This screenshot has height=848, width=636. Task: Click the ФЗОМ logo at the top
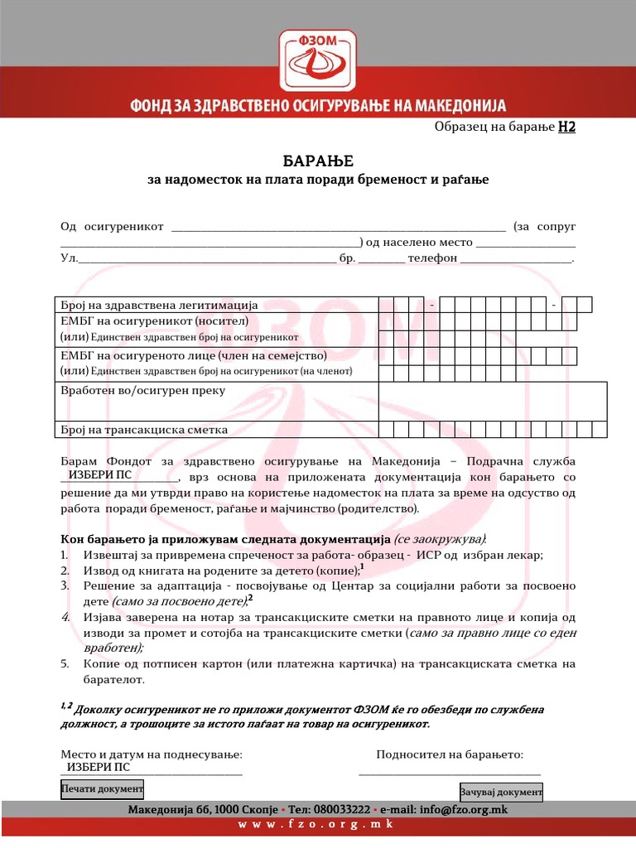point(318,63)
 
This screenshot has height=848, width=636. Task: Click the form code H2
point(566,127)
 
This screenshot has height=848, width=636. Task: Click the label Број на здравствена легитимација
point(159,305)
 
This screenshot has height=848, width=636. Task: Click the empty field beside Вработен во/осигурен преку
point(492,401)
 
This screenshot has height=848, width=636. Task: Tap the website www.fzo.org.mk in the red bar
point(317,825)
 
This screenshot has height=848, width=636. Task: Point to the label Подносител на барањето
point(449,754)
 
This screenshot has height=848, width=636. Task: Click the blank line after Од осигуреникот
point(338,226)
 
